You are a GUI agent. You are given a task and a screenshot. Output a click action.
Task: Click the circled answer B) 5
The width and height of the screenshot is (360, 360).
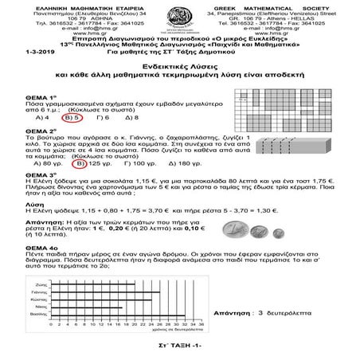(72, 116)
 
